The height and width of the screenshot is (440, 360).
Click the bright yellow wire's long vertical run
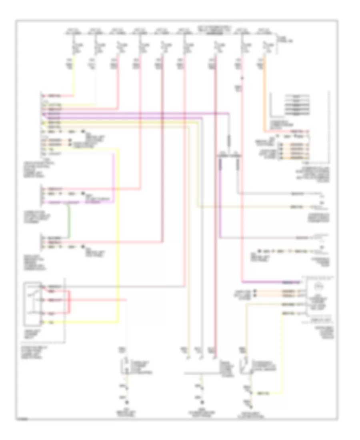pyautogui.click(x=118, y=240)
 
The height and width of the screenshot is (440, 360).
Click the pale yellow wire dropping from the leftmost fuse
pyautogui.click(x=73, y=80)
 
